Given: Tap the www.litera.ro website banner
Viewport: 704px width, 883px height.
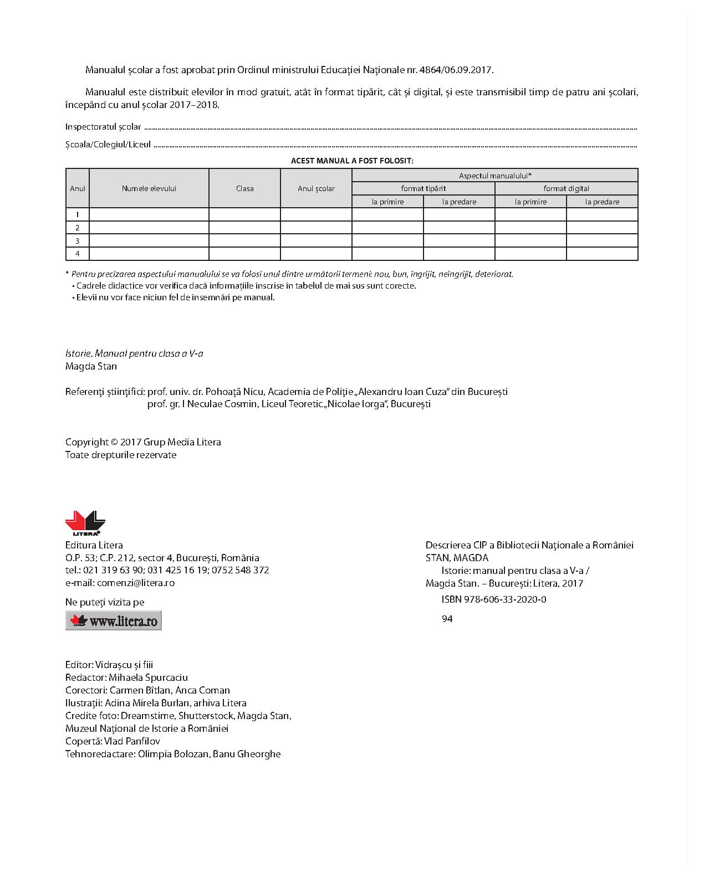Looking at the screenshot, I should pyautogui.click(x=114, y=620).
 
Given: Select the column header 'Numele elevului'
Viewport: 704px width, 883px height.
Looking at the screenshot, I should pyautogui.click(x=149, y=188).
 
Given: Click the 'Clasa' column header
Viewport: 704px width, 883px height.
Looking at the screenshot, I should pyautogui.click(x=244, y=188).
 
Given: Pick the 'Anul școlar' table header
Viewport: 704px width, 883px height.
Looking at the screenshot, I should pyautogui.click(x=316, y=188).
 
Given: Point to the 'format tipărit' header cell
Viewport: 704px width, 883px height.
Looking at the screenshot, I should pyautogui.click(x=424, y=188).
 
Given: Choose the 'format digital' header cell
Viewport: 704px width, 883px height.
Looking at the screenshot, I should pyautogui.click(x=566, y=188).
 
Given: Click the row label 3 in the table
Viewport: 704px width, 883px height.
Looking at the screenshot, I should pyautogui.click(x=78, y=241).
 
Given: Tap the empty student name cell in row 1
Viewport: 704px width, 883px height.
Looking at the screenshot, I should pyautogui.click(x=149, y=214).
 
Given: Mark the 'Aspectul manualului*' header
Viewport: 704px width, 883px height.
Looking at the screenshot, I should pyautogui.click(x=495, y=176).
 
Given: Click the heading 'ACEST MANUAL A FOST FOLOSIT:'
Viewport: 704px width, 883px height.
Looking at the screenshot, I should pyautogui.click(x=352, y=161).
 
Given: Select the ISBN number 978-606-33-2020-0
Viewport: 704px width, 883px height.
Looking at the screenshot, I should pyautogui.click(x=494, y=599).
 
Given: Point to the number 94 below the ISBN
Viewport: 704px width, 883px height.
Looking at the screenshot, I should pyautogui.click(x=447, y=619).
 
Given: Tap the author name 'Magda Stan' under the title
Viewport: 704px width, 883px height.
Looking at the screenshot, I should pyautogui.click(x=91, y=366).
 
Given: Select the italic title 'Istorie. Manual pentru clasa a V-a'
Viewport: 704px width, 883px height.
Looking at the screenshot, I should pyautogui.click(x=134, y=353).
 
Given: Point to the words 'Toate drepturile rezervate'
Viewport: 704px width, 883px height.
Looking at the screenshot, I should pyautogui.click(x=121, y=455).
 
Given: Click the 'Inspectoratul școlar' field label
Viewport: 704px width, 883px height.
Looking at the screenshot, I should pyautogui.click(x=103, y=127).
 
